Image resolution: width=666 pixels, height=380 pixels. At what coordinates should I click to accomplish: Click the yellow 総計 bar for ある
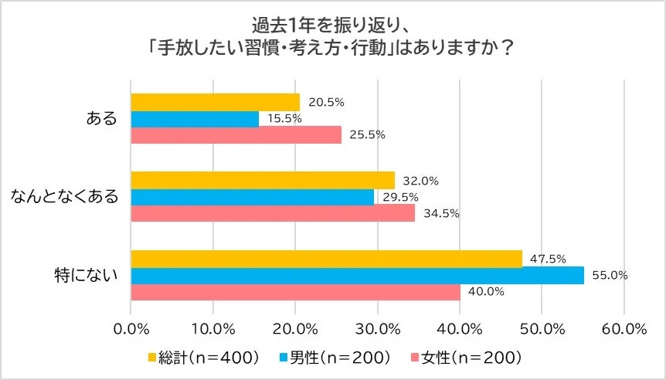pyautogui.click(x=216, y=102)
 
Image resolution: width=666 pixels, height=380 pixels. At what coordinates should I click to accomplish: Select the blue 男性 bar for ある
pyautogui.click(x=195, y=119)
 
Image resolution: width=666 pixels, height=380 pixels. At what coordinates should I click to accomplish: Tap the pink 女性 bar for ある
pyautogui.click(x=236, y=135)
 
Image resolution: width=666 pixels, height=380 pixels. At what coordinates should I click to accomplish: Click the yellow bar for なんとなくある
pyautogui.click(x=263, y=181)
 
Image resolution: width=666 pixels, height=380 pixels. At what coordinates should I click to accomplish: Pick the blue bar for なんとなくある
pyautogui.click(x=253, y=197)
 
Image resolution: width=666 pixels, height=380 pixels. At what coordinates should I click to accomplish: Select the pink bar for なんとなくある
pyautogui.click(x=273, y=213)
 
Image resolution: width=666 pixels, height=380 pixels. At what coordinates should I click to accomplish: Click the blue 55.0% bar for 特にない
pyautogui.click(x=357, y=275)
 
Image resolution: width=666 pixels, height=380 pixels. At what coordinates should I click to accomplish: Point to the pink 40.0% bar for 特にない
pyautogui.click(x=296, y=292)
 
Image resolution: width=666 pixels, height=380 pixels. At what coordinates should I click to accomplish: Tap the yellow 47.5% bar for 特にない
pyautogui.click(x=326, y=259)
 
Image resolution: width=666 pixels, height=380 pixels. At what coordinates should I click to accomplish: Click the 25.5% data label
pyautogui.click(x=366, y=135)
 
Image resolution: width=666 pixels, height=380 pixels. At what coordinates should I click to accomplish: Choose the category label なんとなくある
pyautogui.click(x=64, y=197)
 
